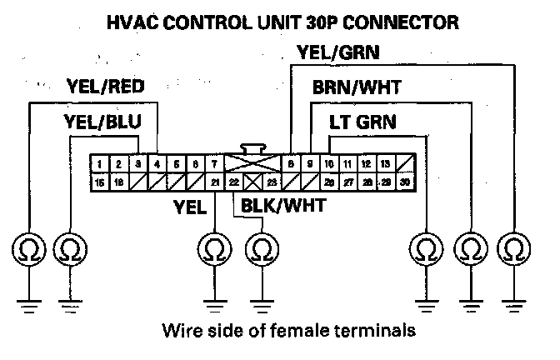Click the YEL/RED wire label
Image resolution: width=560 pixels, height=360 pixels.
click(104, 86)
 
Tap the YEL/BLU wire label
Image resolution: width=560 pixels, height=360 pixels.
click(102, 122)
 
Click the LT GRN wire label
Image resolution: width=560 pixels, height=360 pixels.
click(362, 122)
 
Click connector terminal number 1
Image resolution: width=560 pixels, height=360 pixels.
click(100, 164)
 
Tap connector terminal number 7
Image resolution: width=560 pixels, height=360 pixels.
click(214, 164)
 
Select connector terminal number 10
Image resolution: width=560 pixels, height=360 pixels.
click(329, 164)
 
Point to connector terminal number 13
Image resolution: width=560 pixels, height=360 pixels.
click(386, 164)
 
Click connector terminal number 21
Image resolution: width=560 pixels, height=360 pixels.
click(214, 182)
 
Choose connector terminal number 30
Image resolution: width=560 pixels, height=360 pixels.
click(405, 182)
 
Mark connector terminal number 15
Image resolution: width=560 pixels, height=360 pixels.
click(100, 182)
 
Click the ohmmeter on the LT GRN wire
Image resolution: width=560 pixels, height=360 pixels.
click(427, 248)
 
